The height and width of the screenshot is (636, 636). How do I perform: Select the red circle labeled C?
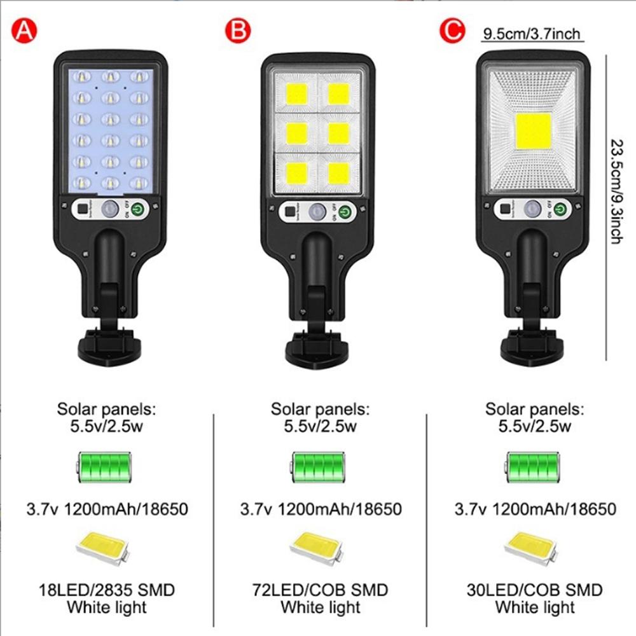[452, 31]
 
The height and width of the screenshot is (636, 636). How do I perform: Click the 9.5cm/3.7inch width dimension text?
[532, 34]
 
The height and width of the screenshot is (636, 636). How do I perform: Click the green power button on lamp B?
[345, 212]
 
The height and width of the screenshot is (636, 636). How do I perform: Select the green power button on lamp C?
[560, 208]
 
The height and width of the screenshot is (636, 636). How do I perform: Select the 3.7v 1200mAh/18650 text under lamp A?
[106, 509]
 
